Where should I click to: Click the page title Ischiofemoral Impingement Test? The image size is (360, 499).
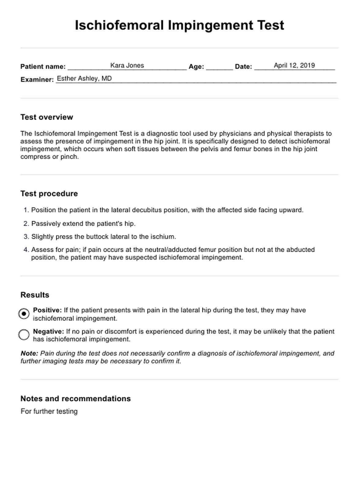coord(179,25)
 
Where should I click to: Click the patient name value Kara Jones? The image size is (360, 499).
coord(127,66)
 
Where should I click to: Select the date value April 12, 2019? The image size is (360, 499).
coord(294,66)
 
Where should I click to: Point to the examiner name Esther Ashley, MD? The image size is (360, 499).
coord(84,79)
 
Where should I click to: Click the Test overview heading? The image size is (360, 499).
coord(47,117)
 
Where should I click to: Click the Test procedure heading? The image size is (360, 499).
coord(49,194)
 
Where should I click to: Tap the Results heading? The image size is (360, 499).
coord(35,295)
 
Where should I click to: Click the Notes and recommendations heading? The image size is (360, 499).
coord(75,399)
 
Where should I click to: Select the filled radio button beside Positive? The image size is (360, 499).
coord(24,314)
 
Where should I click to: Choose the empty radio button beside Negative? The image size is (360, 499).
coord(24,335)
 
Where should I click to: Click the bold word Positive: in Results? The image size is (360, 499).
coord(47,310)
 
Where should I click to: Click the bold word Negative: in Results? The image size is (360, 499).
coord(48,332)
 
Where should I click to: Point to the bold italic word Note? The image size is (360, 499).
coord(29,353)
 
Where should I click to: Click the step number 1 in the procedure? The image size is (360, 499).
coord(26,210)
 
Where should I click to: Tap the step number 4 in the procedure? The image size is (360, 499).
coord(26,250)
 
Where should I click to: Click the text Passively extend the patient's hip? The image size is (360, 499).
coord(83,224)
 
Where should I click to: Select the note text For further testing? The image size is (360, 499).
coord(49,411)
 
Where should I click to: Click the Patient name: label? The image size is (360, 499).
coord(43,67)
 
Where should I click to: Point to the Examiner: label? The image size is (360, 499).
coord(37,80)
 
